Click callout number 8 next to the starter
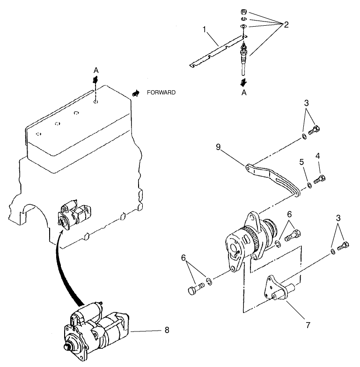tap(167, 330)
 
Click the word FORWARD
tap(161, 93)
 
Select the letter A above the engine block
tap(96, 70)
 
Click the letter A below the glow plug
tap(243, 93)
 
